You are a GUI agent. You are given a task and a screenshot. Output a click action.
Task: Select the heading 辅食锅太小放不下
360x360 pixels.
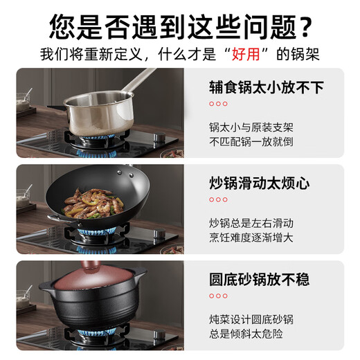pyautogui.click(x=267, y=87)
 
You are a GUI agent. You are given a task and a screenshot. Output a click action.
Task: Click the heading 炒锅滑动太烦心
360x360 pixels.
pyautogui.click(x=259, y=183)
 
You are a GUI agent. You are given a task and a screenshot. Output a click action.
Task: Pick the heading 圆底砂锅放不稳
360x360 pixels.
pyautogui.click(x=259, y=280)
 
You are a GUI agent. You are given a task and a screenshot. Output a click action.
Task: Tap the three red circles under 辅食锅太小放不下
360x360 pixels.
pyautogui.click(x=218, y=105)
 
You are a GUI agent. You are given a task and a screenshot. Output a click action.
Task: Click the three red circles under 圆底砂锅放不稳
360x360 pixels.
pyautogui.click(x=218, y=296)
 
